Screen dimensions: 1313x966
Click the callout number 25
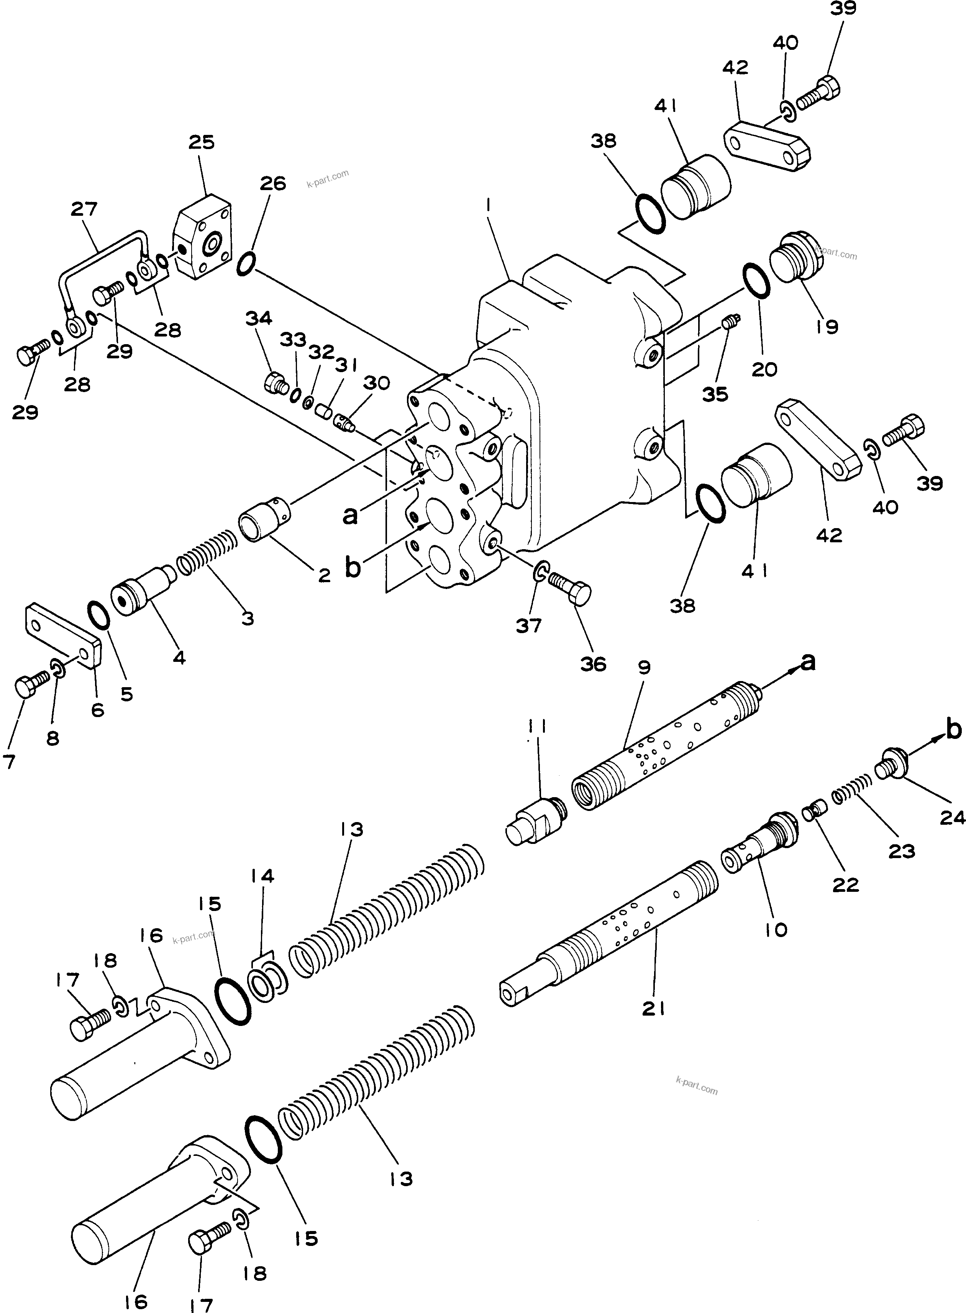202,143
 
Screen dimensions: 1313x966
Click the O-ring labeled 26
246,263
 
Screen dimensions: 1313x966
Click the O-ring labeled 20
756,281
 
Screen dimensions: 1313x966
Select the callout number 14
262,876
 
